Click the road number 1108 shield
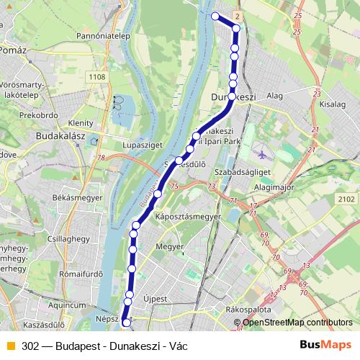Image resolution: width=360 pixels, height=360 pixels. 97,76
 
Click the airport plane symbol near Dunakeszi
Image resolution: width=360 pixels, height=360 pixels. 261,153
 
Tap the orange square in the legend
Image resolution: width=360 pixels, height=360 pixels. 10,346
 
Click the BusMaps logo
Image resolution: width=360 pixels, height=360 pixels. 320,345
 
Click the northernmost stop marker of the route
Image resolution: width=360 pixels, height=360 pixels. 215,16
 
